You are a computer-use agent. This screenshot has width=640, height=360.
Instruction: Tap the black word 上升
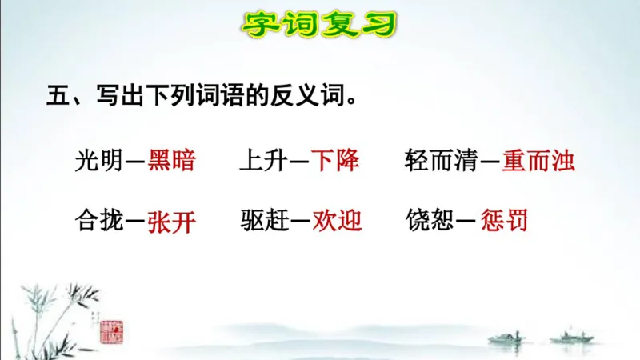[262, 162]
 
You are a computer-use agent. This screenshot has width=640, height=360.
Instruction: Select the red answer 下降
[335, 162]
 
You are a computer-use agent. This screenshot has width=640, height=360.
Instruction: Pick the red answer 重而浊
[538, 162]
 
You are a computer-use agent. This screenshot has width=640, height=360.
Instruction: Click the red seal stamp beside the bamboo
[112, 329]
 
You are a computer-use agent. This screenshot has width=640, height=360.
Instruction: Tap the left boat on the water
[505, 337]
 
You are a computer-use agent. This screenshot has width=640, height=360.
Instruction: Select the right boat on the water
[575, 335]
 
